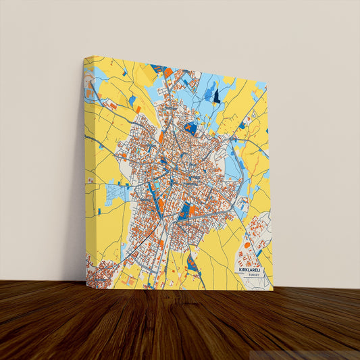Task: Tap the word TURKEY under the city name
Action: pos(253,276)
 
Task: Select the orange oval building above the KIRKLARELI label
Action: pos(247,246)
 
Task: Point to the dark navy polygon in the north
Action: pos(217,96)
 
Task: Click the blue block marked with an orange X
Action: pos(190,127)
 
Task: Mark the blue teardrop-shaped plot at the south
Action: pos(192,264)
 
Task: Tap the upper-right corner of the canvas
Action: pos(267,87)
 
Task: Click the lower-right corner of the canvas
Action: pos(272,289)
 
